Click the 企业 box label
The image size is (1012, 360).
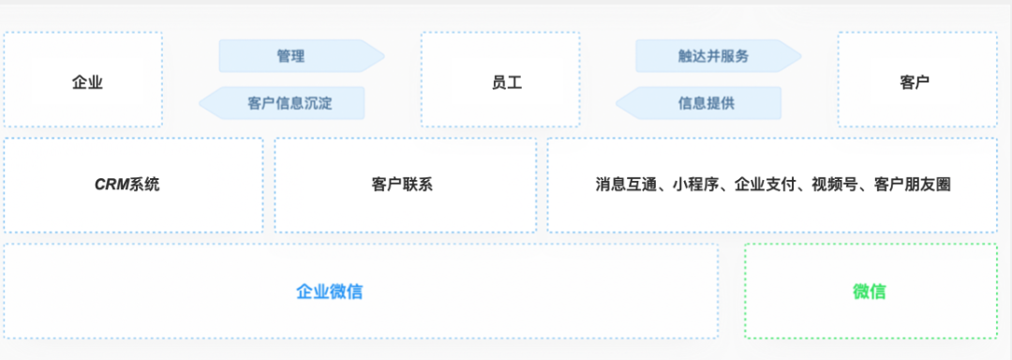(87, 82)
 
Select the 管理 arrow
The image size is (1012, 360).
(290, 56)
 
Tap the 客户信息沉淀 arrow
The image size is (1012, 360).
(290, 103)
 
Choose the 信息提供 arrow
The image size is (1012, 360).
(707, 103)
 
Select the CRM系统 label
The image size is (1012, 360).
(127, 185)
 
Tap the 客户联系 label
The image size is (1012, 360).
(402, 185)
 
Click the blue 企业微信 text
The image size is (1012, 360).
(329, 292)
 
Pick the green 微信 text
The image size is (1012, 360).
(869, 292)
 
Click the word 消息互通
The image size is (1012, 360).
(624, 185)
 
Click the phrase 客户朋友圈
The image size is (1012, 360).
(912, 185)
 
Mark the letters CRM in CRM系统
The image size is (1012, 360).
(112, 185)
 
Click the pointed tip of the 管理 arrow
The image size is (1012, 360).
(382, 56)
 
